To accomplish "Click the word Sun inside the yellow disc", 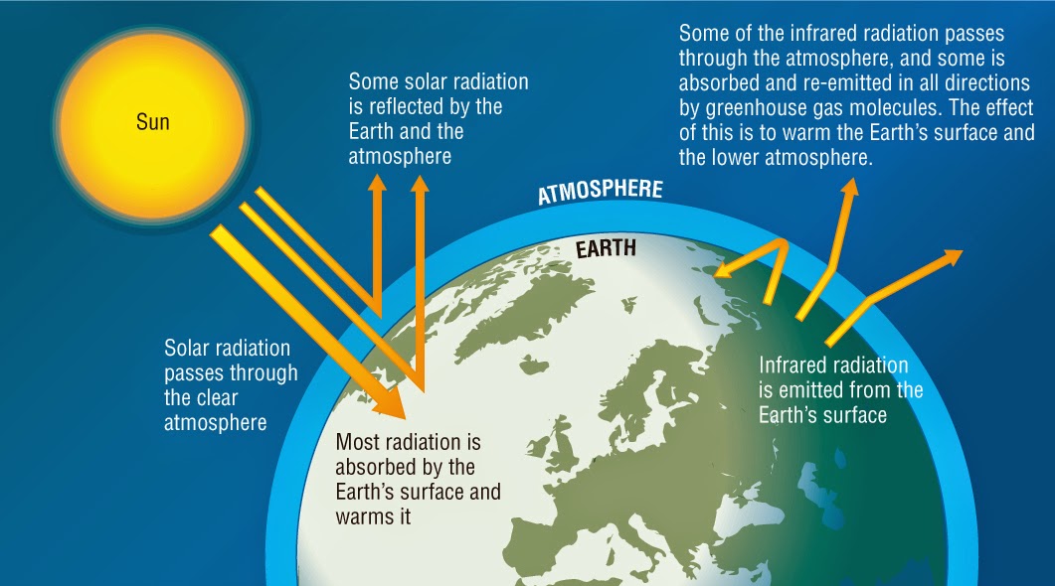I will click(x=153, y=123).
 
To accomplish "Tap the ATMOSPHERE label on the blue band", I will click(x=600, y=189).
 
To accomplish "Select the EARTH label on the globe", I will click(x=606, y=248).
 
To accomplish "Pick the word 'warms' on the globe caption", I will click(x=365, y=515).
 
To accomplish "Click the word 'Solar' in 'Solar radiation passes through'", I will click(x=187, y=349).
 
